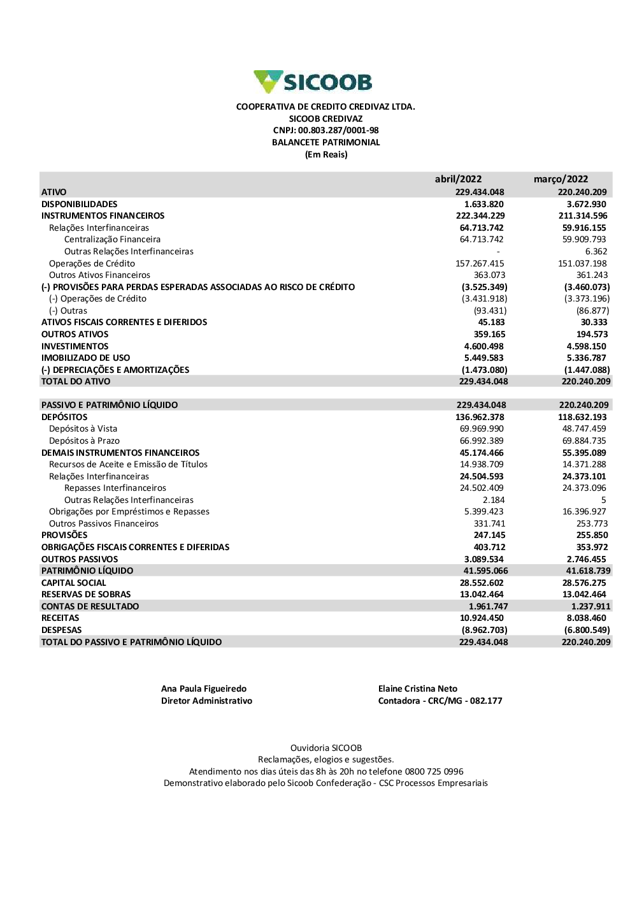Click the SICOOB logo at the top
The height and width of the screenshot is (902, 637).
[312, 82]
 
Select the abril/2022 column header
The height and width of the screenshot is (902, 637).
[458, 179]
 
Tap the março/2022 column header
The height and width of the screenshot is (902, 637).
[561, 179]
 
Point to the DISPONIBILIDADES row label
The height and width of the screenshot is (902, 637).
[79, 204]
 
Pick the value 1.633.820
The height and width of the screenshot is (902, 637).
[483, 204]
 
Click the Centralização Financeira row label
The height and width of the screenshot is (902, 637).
[112, 240]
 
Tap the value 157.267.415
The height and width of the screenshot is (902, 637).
[480, 263]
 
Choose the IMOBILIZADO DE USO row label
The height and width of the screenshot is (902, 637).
[85, 358]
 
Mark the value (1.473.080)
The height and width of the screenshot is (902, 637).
[484, 370]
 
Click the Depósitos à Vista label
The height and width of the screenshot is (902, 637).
[83, 429]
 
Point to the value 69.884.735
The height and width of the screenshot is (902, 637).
[584, 440]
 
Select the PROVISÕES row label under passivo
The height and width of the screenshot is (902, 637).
[64, 535]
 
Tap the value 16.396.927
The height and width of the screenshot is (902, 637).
[584, 511]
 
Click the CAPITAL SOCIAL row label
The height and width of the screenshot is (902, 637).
[73, 583]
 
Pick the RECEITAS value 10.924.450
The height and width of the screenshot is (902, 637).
[482, 618]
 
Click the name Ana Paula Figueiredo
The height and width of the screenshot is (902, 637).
[204, 688]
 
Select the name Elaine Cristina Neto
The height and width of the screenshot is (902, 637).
[418, 688]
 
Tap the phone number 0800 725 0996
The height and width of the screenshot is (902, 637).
[434, 771]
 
